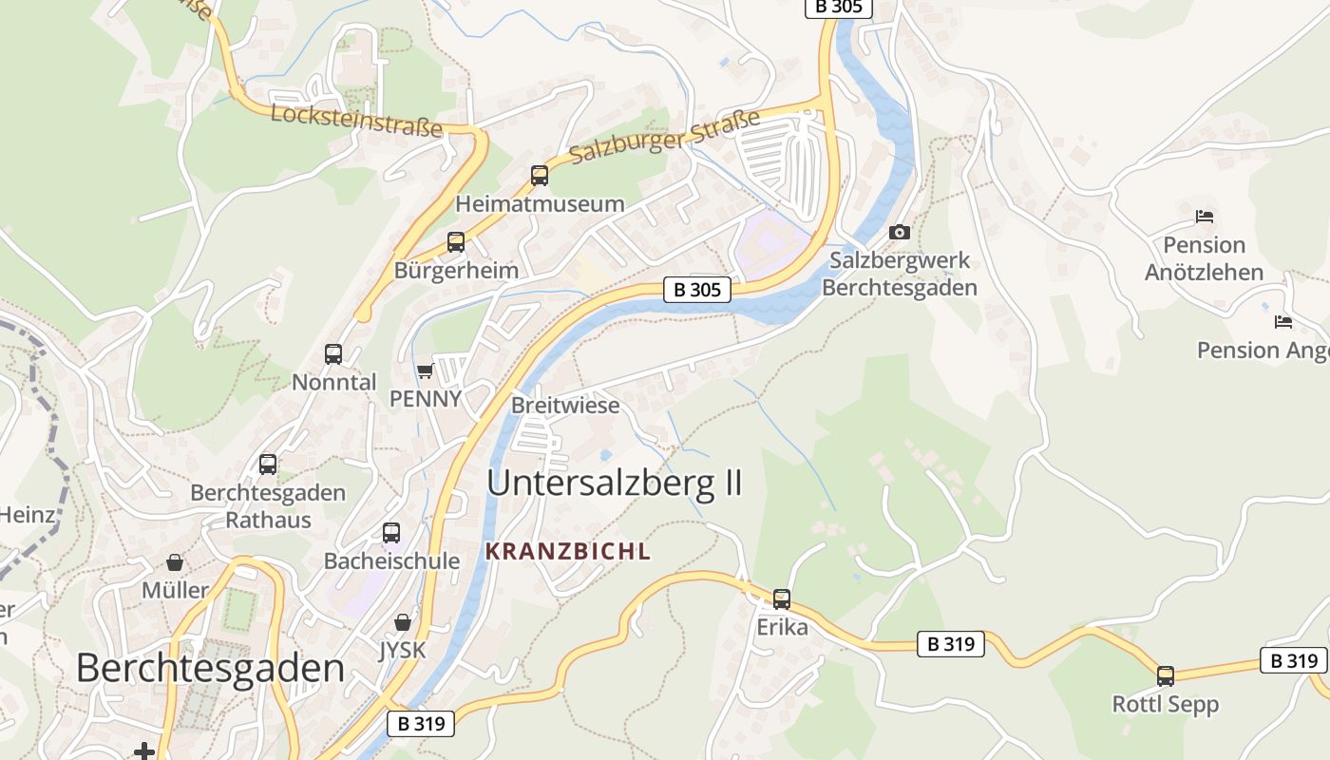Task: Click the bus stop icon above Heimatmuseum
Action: point(540,176)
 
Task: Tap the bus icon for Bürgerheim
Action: point(456,242)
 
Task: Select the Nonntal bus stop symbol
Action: point(333,354)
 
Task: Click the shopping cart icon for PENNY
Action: point(425,370)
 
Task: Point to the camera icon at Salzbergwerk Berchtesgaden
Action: point(899,232)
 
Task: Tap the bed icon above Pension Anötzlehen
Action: point(1205,217)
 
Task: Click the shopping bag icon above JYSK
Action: point(403,622)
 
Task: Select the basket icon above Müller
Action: point(175,562)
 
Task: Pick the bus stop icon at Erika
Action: point(782,599)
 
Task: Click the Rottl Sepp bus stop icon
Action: point(1166,676)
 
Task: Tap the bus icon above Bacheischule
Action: point(391,533)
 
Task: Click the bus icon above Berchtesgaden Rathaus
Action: point(268,465)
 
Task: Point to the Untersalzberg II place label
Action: point(614,483)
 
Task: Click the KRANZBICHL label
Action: point(568,551)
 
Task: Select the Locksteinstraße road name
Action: point(356,121)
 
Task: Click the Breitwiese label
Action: point(565,406)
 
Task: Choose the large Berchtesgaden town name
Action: point(210,668)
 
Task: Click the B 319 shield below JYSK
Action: point(421,724)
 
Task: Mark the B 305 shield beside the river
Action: point(697,291)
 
